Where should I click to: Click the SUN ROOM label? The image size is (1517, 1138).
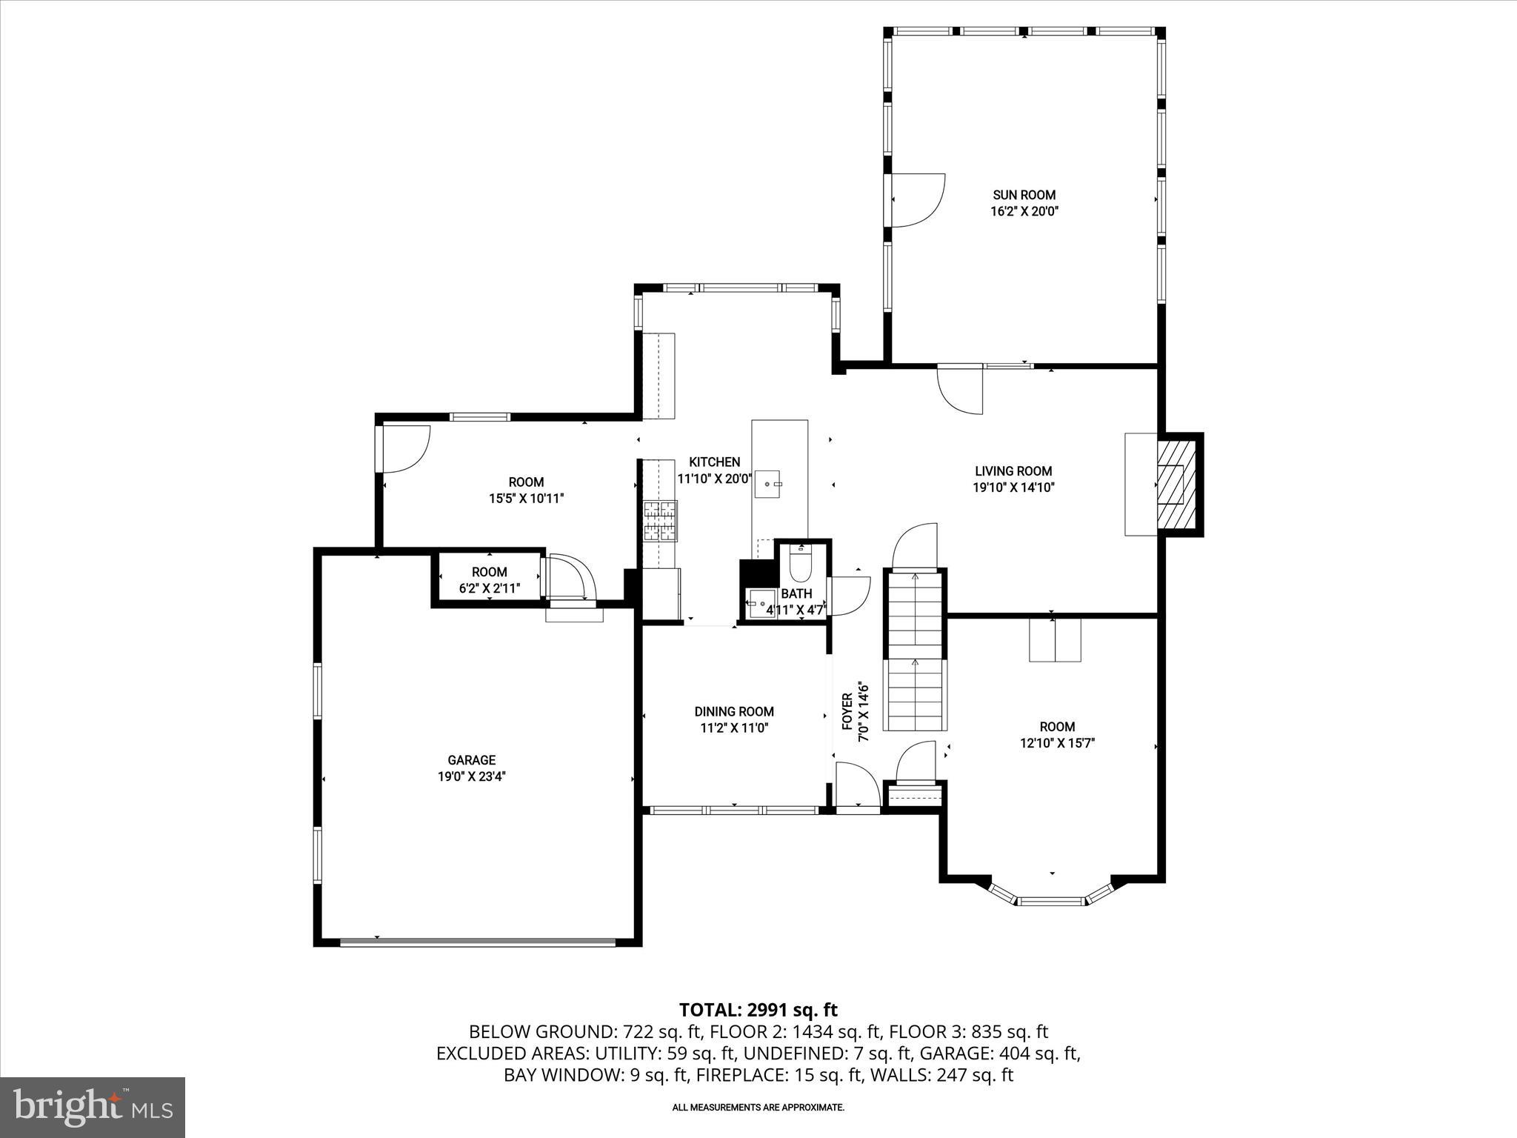(1024, 195)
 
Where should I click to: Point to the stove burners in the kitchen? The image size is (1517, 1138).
(660, 521)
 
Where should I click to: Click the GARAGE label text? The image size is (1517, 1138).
(471, 760)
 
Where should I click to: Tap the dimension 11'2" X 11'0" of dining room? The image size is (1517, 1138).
(734, 728)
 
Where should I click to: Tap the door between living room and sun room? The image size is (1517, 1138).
(960, 388)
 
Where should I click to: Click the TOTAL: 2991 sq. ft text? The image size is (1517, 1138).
(758, 1009)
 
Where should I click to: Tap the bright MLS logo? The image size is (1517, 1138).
(93, 1107)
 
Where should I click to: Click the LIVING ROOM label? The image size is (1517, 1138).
(1013, 471)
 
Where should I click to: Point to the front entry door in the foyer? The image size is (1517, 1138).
(858, 787)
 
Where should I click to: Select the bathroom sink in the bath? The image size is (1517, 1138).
(757, 602)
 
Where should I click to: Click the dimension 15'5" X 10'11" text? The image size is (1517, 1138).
(526, 499)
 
